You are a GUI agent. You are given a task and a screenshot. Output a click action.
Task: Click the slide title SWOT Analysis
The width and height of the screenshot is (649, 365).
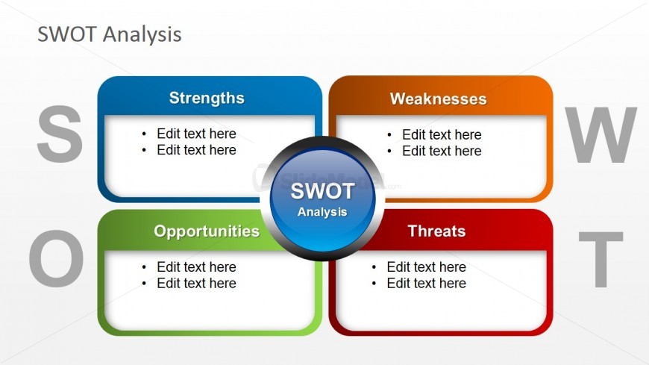point(109,34)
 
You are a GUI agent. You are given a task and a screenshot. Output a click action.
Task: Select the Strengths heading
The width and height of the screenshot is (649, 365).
point(207,99)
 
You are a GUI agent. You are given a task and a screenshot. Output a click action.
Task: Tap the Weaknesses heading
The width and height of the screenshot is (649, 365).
point(439,99)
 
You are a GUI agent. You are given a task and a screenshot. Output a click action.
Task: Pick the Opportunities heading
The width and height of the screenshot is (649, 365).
point(207,231)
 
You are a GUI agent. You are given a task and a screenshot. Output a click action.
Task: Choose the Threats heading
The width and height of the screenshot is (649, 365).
point(436,231)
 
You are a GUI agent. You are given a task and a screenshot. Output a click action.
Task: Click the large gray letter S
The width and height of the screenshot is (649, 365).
point(60,134)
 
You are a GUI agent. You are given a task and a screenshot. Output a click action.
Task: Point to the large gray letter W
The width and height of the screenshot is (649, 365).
point(601,134)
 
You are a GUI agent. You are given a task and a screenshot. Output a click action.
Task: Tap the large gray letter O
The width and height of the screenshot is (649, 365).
point(56,258)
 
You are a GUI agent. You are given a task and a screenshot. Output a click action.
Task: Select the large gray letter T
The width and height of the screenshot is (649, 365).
point(601,259)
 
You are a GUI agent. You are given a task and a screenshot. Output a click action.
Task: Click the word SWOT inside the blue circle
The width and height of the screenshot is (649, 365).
point(322,191)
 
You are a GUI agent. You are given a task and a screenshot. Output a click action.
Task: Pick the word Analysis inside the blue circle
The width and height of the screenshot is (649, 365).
point(322,212)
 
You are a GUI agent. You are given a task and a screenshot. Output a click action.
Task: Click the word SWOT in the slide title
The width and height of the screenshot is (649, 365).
point(67,34)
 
